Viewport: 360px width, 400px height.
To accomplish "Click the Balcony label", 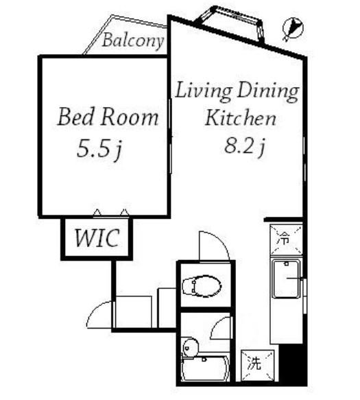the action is (133, 40).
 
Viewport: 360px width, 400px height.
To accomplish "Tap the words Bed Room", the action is (108, 117).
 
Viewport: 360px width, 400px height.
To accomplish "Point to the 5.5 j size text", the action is (99, 149).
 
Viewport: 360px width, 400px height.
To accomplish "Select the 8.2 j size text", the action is (245, 147).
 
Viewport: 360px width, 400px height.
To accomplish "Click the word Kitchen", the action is (241, 118).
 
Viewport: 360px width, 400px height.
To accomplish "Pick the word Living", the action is (204, 91).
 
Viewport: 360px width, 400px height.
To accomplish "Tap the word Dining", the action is (268, 91).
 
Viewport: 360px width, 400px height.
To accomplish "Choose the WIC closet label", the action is (97, 237).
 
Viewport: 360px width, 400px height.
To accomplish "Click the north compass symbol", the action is (293, 28).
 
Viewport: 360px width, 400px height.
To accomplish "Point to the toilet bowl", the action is (202, 286).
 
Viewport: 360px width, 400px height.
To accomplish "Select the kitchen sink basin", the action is (285, 279).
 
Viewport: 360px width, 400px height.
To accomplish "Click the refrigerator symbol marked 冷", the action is (286, 239).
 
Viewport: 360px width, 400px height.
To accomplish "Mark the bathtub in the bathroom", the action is (205, 368).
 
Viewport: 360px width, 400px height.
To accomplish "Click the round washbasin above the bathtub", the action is (191, 346).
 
